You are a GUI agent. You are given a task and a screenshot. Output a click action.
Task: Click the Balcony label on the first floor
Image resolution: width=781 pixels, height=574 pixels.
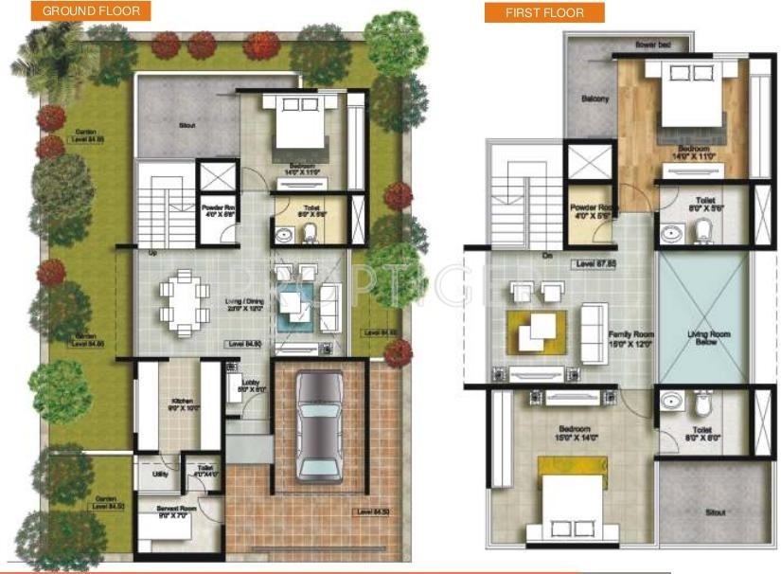click(x=595, y=99)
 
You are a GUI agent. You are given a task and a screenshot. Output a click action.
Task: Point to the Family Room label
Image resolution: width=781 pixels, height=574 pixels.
click(x=631, y=336)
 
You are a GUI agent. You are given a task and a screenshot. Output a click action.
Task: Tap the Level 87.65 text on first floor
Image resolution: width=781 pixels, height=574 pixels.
click(x=595, y=264)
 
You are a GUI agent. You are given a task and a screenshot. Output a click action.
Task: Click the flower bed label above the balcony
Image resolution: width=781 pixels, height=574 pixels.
click(x=647, y=45)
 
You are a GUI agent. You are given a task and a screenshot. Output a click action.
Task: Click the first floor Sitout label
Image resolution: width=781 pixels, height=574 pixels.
click(x=715, y=512)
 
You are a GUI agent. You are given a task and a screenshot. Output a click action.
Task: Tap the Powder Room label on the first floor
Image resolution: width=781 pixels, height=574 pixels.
click(x=593, y=210)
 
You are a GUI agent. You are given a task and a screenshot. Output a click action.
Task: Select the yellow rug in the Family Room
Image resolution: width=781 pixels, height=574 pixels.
click(x=536, y=328)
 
